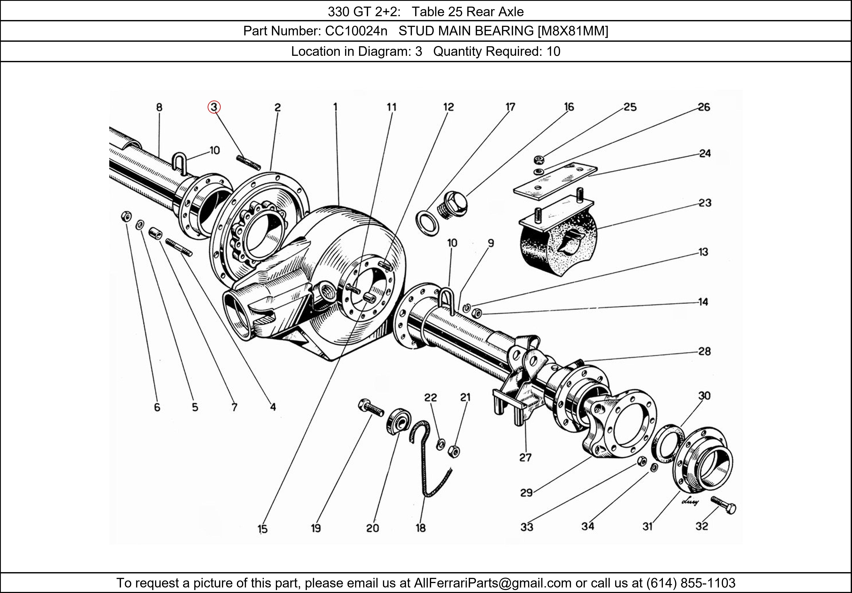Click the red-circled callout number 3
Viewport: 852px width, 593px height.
click(x=214, y=107)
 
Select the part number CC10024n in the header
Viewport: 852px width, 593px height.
click(x=356, y=31)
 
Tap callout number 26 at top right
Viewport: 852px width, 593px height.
click(x=704, y=107)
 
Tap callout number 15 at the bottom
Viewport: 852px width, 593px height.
click(x=262, y=529)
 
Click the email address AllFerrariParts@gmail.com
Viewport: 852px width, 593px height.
click(x=492, y=583)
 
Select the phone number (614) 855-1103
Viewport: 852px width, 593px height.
click(x=691, y=583)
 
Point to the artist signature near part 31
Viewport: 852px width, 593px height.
click(x=690, y=501)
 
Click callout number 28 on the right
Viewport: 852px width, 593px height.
click(x=704, y=351)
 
